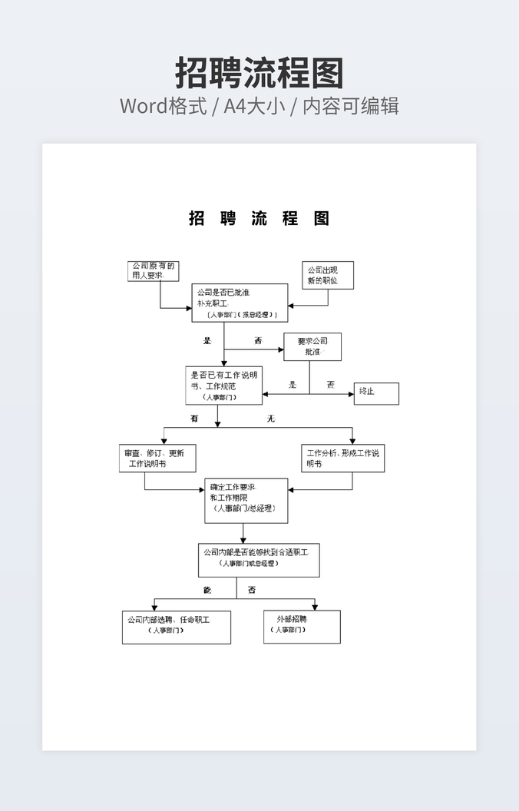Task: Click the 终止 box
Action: (376, 393)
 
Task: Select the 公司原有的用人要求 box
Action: (154, 270)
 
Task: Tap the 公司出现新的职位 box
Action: (328, 275)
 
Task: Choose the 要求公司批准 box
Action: (312, 346)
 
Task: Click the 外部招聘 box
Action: (302, 627)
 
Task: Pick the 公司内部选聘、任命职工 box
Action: (176, 627)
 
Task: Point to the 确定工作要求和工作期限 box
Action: (246, 501)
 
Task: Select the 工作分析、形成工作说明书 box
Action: (342, 458)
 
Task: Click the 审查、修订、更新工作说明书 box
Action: (157, 458)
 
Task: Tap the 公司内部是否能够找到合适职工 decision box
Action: (259, 560)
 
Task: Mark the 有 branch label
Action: (194, 419)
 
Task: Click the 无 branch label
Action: (270, 419)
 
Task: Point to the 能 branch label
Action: (207, 590)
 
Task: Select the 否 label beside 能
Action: (252, 590)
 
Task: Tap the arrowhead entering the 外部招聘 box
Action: (315, 607)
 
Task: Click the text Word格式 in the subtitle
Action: (164, 105)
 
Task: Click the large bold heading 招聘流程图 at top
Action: (259, 73)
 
